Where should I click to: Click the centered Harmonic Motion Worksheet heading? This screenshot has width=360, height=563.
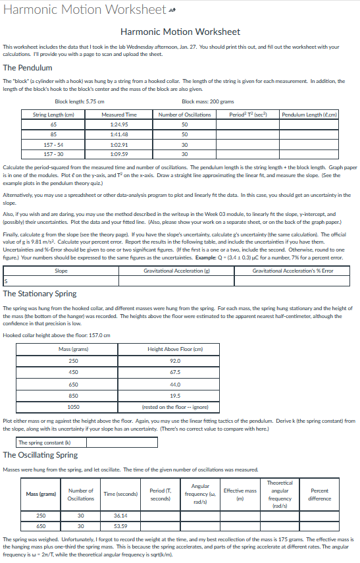(x=180, y=32)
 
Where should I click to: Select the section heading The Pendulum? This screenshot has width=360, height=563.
(x=28, y=67)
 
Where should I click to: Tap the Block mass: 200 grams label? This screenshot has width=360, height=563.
(x=208, y=101)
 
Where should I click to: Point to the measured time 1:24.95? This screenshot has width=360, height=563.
(x=119, y=124)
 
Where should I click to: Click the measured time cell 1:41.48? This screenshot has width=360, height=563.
(x=119, y=134)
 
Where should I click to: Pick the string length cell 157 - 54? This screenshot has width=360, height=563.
(x=53, y=144)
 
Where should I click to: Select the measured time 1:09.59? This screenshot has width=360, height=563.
(x=119, y=154)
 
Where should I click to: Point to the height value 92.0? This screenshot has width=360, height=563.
(x=174, y=361)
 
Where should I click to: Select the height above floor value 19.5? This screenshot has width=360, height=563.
(x=174, y=395)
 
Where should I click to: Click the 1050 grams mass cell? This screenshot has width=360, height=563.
(x=74, y=406)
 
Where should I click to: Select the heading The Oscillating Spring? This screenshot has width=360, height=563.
(x=40, y=454)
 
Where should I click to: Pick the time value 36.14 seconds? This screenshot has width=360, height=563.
(x=120, y=516)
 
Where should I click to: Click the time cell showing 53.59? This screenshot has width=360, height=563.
(x=120, y=526)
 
